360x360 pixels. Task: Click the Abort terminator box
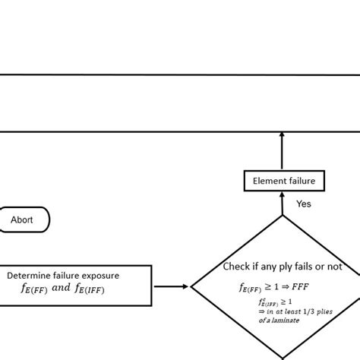click(22, 219)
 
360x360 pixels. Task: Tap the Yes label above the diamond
click(304, 204)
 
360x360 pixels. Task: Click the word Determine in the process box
click(30, 274)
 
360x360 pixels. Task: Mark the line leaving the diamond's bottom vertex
click(283, 357)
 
